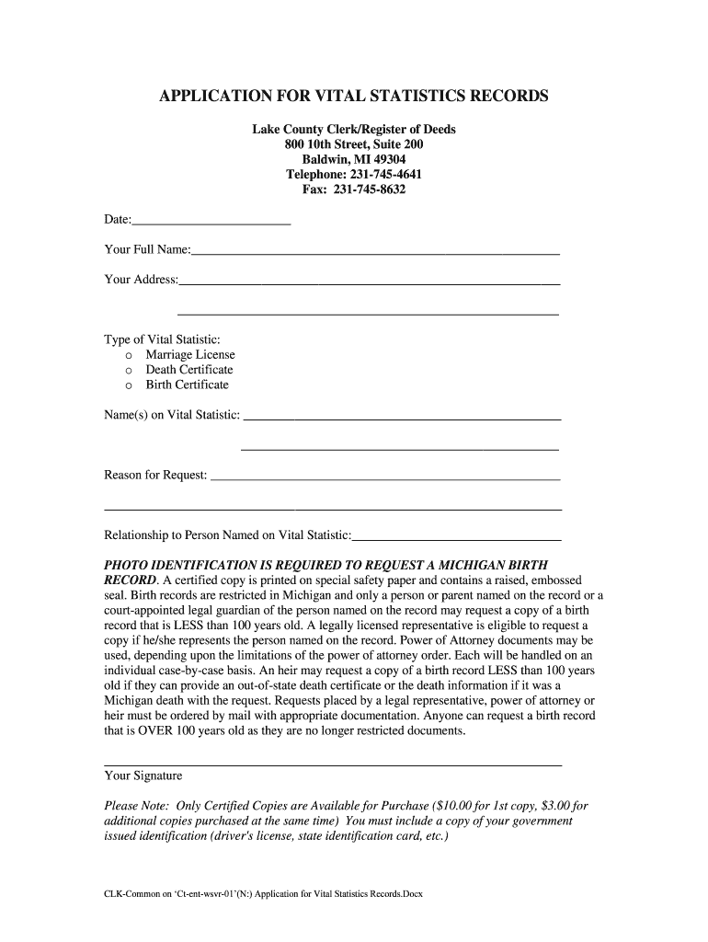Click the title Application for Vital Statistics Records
point(354,97)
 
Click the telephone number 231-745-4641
point(382,175)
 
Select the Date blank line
point(211,222)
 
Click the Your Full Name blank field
point(375,250)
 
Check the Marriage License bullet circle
point(129,355)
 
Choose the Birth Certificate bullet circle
point(129,385)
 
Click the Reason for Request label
point(155,476)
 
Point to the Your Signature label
point(143,776)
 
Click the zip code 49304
point(387,160)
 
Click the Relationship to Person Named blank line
point(457,535)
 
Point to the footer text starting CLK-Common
point(263,893)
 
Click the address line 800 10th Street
point(354,144)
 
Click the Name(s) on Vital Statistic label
point(172,415)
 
